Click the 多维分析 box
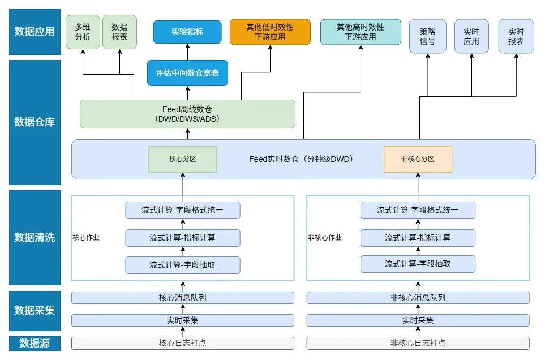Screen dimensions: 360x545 (x=83, y=32)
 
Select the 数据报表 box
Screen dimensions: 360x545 (x=119, y=32)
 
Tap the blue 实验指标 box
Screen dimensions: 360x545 (x=187, y=32)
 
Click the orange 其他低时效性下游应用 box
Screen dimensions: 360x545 (x=270, y=32)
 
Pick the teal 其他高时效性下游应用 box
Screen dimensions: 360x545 (x=361, y=32)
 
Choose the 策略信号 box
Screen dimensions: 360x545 (x=428, y=36)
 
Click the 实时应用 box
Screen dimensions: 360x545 (x=471, y=36)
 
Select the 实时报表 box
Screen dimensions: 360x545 (x=516, y=36)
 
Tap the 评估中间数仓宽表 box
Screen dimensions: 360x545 (x=187, y=73)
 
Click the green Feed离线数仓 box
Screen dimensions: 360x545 (x=187, y=114)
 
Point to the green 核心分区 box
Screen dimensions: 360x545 (x=183, y=159)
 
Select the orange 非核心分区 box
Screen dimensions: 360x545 (x=418, y=159)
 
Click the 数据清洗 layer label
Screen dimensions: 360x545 (x=35, y=237)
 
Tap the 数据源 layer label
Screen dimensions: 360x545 (x=35, y=343)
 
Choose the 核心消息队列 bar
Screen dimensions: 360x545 (x=183, y=298)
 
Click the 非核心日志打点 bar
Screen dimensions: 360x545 (x=418, y=343)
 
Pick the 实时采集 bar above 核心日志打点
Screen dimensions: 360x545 (x=183, y=320)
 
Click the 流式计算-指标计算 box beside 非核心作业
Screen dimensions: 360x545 (x=418, y=238)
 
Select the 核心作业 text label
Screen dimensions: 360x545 (x=86, y=238)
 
